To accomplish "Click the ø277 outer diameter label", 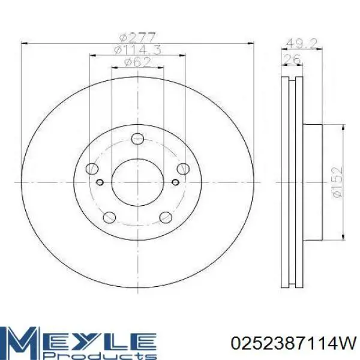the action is tap(138, 37).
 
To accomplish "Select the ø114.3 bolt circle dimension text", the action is tap(138, 50).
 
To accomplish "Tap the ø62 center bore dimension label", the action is tap(137, 62).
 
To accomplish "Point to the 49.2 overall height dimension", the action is tap(302, 43).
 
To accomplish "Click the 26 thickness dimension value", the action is tap(292, 59).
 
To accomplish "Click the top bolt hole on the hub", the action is tap(137, 139).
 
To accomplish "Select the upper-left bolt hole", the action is tap(92, 169).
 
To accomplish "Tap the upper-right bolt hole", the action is tap(183, 169).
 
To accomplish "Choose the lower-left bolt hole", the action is tap(109, 217).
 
